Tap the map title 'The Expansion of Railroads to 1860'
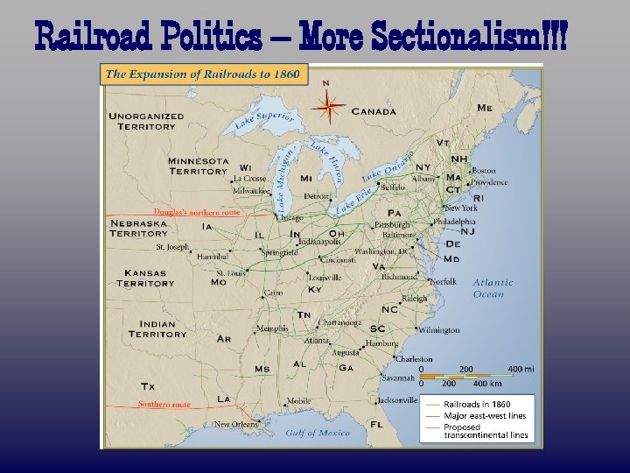point(202,74)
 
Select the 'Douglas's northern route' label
point(197,212)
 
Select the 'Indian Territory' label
point(157,328)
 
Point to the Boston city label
point(484,171)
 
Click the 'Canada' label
point(374,111)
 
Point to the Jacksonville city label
point(397,400)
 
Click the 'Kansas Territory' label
point(145,278)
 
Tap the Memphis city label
point(270,329)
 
